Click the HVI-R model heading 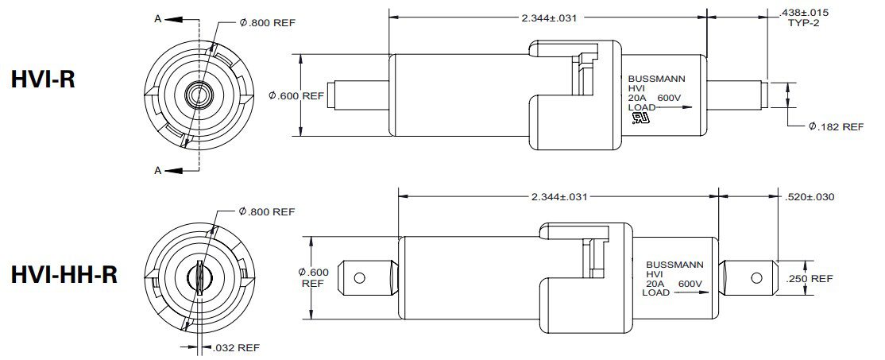(43, 79)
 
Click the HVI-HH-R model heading (64, 274)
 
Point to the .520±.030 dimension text (809, 196)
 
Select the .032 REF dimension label (237, 347)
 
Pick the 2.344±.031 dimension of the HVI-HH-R (559, 196)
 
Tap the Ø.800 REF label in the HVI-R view (267, 23)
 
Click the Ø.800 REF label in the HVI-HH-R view (267, 212)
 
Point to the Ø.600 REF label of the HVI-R (296, 96)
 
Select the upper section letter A (158, 16)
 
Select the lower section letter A (158, 170)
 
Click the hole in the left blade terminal (359, 278)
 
